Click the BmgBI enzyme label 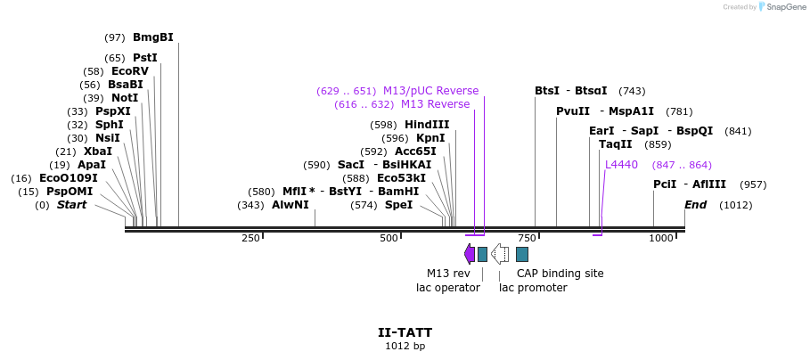[152, 37]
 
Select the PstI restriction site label [144, 58]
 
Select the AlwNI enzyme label [290, 205]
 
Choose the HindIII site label [427, 125]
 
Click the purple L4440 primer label [621, 165]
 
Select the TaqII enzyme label [615, 144]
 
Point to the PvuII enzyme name [572, 111]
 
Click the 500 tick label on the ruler [389, 238]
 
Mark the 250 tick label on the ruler [250, 238]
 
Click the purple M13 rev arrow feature [470, 254]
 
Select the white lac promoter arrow [501, 254]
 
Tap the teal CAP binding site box [522, 254]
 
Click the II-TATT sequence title [405, 332]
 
